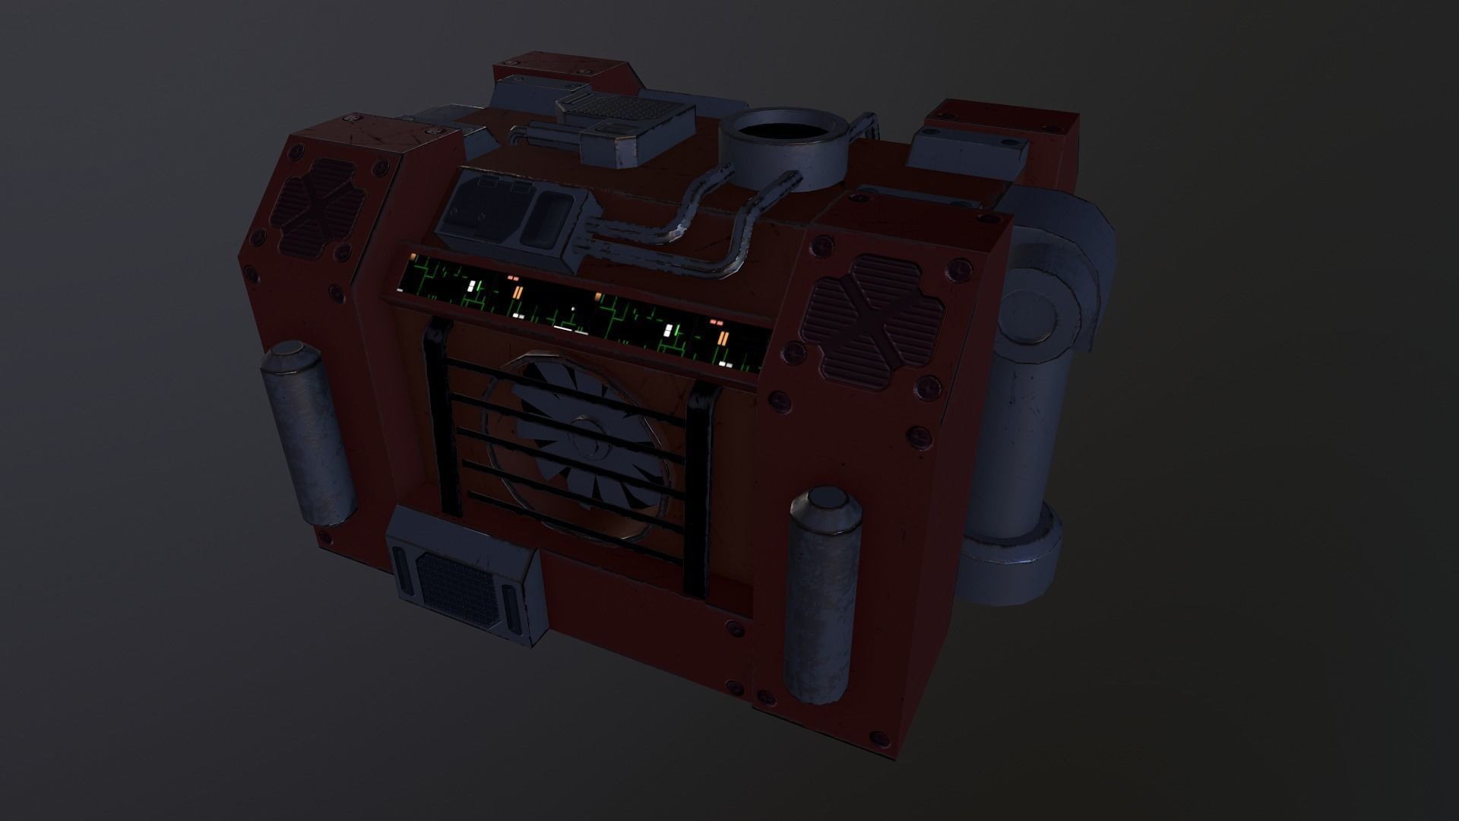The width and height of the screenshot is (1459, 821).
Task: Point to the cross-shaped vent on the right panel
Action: (876, 316)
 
